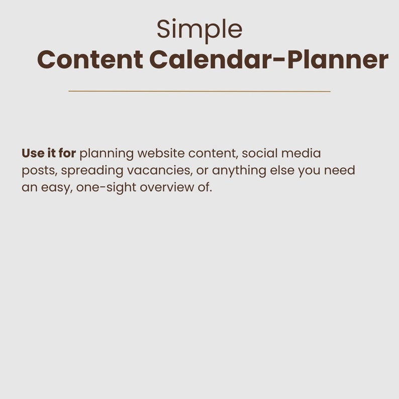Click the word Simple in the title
tap(199, 30)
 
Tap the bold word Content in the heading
tap(90, 59)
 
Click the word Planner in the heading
tap(338, 59)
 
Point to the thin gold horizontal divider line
tap(199, 91)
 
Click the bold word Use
tap(33, 153)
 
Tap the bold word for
tap(67, 153)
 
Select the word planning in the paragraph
tap(107, 154)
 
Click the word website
tap(161, 153)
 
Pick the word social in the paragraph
tap(260, 153)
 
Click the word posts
tap(39, 171)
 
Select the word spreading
tap(92, 171)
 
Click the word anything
tap(239, 171)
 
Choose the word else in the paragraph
tap(282, 170)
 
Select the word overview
tap(167, 187)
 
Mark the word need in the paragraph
tap(340, 170)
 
